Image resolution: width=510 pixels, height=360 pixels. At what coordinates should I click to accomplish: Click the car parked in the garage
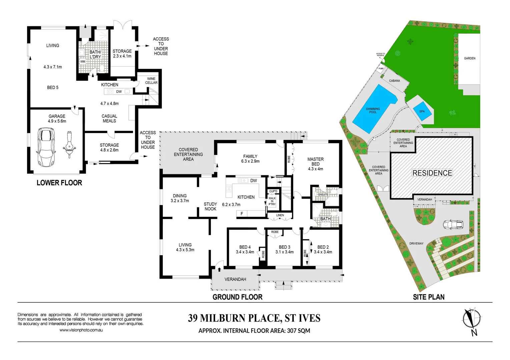[46, 148]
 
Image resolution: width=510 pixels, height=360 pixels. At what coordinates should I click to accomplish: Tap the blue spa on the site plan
[422, 111]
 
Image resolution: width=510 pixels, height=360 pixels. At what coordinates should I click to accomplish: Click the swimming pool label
[373, 111]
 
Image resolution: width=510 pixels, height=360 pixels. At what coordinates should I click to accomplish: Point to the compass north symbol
[471, 319]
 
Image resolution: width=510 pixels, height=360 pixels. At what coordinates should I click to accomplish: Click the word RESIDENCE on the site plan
[432, 173]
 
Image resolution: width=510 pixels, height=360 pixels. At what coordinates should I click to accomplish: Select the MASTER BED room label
[316, 162]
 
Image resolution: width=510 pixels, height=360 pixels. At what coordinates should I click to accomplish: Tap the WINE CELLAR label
[151, 81]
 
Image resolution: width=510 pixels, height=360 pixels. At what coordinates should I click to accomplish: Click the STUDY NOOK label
[210, 206]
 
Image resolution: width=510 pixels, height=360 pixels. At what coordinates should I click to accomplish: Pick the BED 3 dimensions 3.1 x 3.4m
[285, 252]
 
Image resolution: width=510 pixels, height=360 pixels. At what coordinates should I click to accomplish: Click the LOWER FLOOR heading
[59, 183]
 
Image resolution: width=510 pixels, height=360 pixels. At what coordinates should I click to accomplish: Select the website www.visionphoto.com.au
[81, 330]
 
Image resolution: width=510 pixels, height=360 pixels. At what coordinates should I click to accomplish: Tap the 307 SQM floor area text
[298, 331]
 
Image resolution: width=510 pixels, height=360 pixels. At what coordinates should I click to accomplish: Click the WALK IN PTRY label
[272, 201]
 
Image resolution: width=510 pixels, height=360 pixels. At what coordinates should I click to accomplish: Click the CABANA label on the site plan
[394, 81]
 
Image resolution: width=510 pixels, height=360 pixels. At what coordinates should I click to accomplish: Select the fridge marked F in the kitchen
[242, 214]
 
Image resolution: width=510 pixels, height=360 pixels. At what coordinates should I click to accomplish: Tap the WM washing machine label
[82, 62]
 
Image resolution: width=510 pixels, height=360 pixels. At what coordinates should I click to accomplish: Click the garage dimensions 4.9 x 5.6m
[57, 121]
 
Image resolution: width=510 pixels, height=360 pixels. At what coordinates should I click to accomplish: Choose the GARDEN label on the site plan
[469, 58]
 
